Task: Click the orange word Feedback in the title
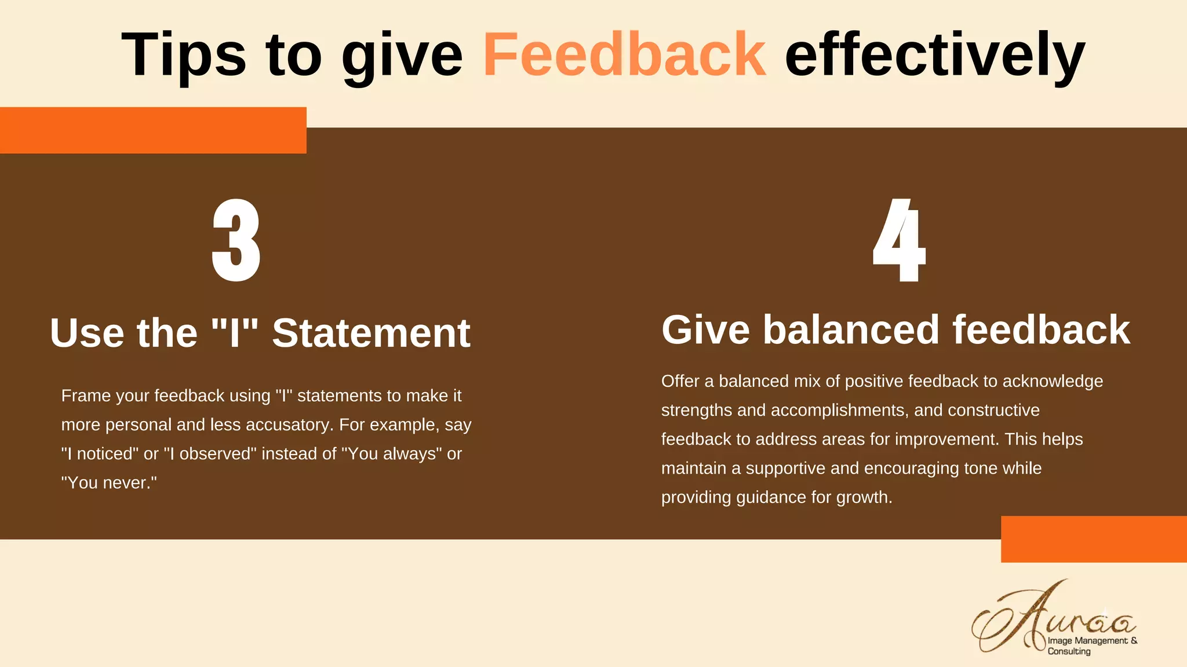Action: (624, 54)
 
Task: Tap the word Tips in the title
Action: (184, 54)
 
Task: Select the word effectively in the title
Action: (934, 54)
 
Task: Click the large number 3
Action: (236, 240)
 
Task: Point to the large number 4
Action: (899, 240)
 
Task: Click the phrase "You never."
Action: (109, 483)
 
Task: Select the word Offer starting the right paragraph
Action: (680, 382)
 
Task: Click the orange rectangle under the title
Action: (153, 130)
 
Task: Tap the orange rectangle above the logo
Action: (1094, 539)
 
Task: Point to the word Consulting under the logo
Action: (1069, 651)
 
